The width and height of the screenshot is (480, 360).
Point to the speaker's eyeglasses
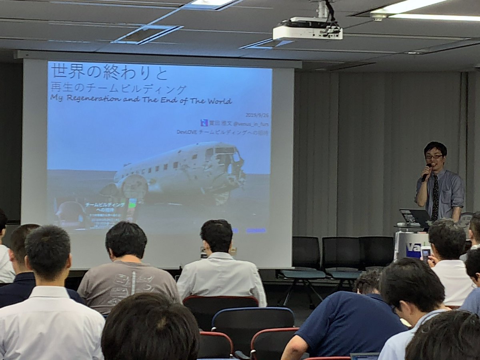tap(434, 157)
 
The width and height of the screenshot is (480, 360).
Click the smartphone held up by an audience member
tap(426, 252)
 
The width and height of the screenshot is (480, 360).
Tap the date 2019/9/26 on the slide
tap(257, 115)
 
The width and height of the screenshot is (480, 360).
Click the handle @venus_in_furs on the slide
tap(251, 124)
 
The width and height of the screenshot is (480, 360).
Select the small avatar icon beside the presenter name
tap(204, 123)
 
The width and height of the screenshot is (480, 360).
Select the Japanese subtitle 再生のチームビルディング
tap(118, 88)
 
